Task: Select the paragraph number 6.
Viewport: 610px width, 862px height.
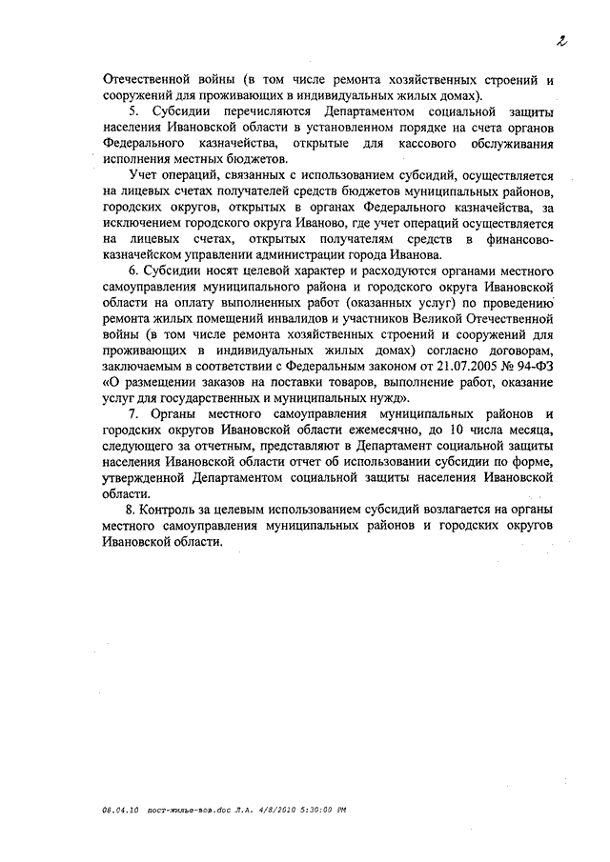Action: click(132, 271)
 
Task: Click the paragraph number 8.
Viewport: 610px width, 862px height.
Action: click(132, 510)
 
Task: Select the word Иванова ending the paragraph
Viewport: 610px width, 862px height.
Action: click(415, 255)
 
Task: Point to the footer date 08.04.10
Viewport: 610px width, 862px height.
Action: click(120, 809)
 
